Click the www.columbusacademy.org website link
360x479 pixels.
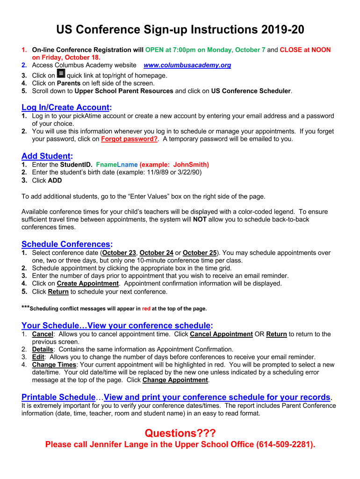click(187, 65)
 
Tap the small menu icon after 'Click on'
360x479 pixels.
click(61, 74)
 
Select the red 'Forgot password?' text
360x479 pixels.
click(130, 139)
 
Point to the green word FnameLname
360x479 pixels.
click(117, 165)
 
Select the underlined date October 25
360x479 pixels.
click(200, 253)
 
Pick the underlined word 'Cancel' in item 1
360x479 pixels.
click(43, 334)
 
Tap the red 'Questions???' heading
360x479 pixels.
click(180, 434)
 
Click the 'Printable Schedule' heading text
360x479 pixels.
click(58, 397)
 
